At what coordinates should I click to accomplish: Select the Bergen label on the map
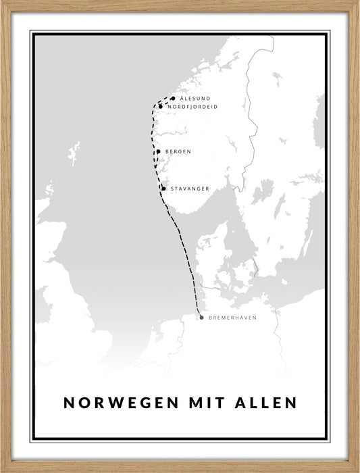(x=178, y=152)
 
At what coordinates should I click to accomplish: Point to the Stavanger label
(x=190, y=189)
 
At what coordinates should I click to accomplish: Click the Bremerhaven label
(x=233, y=318)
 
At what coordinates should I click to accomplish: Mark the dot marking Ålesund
(x=173, y=99)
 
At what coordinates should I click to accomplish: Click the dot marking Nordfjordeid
(x=161, y=107)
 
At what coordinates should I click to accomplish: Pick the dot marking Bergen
(x=159, y=151)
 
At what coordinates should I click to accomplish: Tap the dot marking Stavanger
(x=163, y=189)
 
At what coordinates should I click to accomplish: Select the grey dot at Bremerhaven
(x=201, y=318)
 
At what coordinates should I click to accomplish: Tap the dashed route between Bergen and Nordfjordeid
(x=153, y=128)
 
